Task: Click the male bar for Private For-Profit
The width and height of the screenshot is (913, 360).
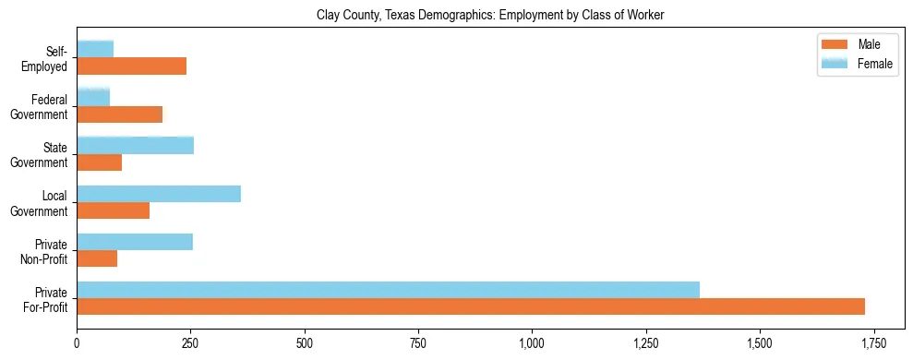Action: pyautogui.click(x=471, y=306)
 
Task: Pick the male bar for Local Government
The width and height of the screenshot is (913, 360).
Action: pyautogui.click(x=113, y=210)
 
